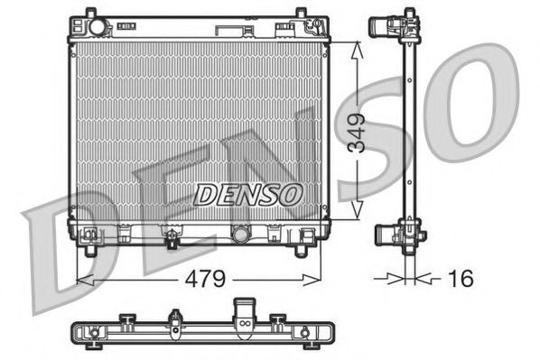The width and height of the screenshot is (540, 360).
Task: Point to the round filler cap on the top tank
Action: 96,26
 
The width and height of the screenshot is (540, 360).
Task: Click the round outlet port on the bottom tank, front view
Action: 241,235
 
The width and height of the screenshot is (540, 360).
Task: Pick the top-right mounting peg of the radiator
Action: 299,15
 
